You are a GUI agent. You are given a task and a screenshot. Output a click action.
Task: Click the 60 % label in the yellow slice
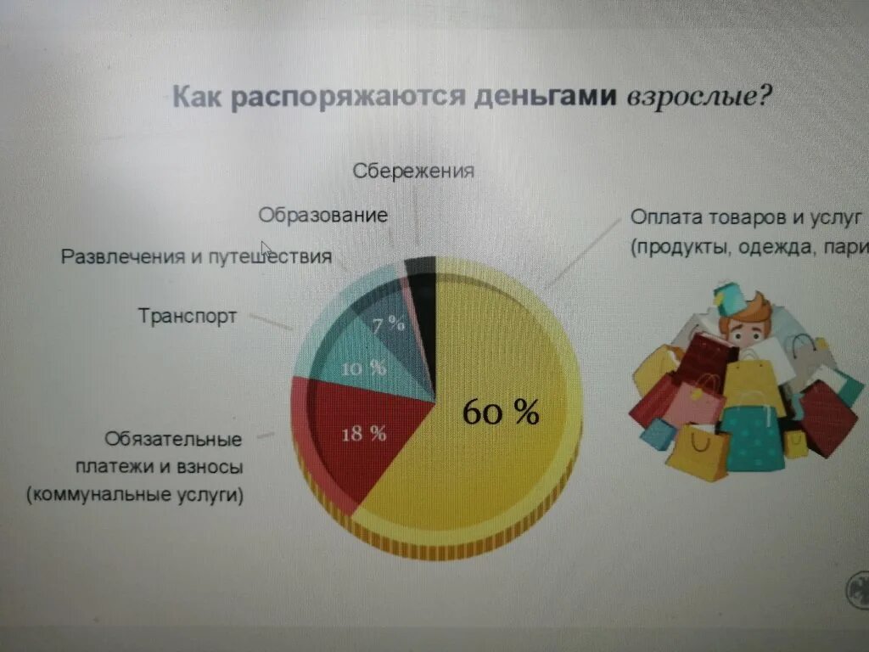coord(501,413)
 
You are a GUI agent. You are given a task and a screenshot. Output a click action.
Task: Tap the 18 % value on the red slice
coord(363,434)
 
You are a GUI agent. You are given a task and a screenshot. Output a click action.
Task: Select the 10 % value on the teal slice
coord(363,368)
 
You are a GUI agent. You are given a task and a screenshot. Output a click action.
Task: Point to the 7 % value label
coord(389,323)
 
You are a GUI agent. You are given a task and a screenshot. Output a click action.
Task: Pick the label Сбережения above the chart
coord(412,171)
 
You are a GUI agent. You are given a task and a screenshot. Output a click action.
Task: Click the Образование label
coord(323,215)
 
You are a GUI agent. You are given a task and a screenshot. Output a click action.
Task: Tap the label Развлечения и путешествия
coord(196,256)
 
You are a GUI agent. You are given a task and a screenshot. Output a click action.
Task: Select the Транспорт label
coord(188,317)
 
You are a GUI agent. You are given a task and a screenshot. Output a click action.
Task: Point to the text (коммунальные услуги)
coord(135,495)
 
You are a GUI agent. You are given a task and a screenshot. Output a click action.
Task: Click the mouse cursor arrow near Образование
coord(266,248)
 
